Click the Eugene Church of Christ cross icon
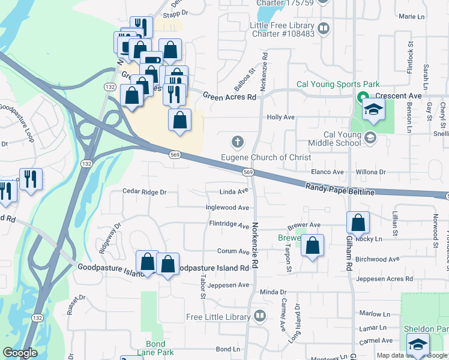pos(238,142)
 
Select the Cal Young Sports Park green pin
pos(363,97)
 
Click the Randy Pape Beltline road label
pos(340,189)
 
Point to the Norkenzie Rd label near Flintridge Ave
pos(255,237)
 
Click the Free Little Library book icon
pos(260,316)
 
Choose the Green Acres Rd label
pos(229,96)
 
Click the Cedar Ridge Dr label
pos(144,192)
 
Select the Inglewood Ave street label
pos(228,208)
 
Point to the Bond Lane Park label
pos(155,348)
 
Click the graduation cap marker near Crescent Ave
pos(373,110)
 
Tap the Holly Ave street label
pos(281,118)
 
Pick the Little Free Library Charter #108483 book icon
pos(323,28)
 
